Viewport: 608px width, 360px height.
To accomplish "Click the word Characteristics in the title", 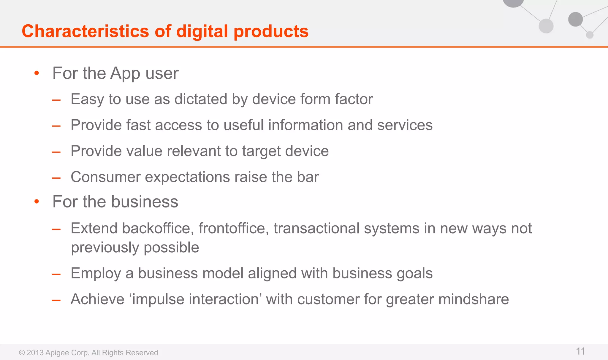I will (85, 31).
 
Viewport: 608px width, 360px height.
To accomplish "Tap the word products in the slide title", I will (271, 31).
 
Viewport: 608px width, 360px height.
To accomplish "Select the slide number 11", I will (580, 351).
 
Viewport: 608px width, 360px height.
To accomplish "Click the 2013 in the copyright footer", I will (35, 353).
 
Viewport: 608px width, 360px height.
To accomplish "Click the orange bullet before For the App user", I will (37, 73).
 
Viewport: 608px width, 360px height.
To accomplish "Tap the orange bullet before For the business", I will (37, 202).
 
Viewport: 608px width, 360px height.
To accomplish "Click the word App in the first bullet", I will (125, 74).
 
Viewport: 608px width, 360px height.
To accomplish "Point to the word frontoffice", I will (234, 229).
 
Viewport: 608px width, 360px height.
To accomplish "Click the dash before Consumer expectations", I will (56, 177).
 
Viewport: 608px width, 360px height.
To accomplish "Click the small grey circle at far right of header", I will (590, 35).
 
